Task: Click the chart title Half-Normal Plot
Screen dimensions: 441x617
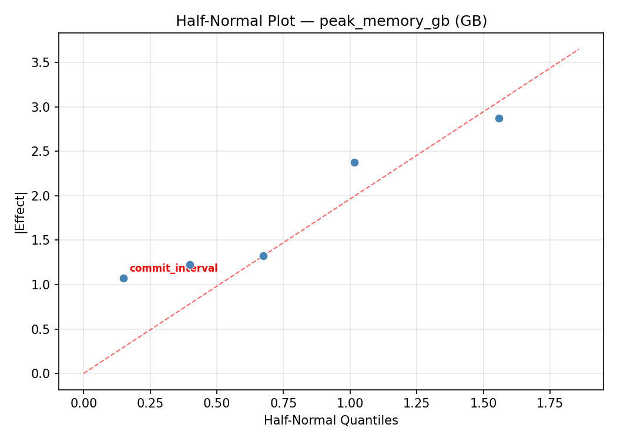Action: point(331,21)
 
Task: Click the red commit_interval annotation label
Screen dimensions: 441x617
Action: point(173,269)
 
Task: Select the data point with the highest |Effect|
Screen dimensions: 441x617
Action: point(499,118)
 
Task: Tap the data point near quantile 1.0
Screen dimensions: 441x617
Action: point(354,162)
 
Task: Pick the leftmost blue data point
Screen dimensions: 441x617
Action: point(123,278)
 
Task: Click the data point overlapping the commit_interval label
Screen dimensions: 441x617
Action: point(190,265)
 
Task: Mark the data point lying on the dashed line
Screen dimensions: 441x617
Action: point(263,256)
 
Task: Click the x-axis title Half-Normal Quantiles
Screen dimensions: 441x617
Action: point(331,420)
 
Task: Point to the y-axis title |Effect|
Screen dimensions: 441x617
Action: point(21,211)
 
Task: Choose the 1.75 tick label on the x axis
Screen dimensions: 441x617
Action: point(549,403)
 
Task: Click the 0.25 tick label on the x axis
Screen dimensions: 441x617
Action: point(150,403)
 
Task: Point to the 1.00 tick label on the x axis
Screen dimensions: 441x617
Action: point(350,403)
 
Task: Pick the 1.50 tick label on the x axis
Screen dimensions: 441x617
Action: point(483,403)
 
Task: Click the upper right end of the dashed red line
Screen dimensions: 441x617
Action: point(579,49)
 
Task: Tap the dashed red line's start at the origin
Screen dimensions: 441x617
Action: point(83,373)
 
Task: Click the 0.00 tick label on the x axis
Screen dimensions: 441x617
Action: point(83,403)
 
